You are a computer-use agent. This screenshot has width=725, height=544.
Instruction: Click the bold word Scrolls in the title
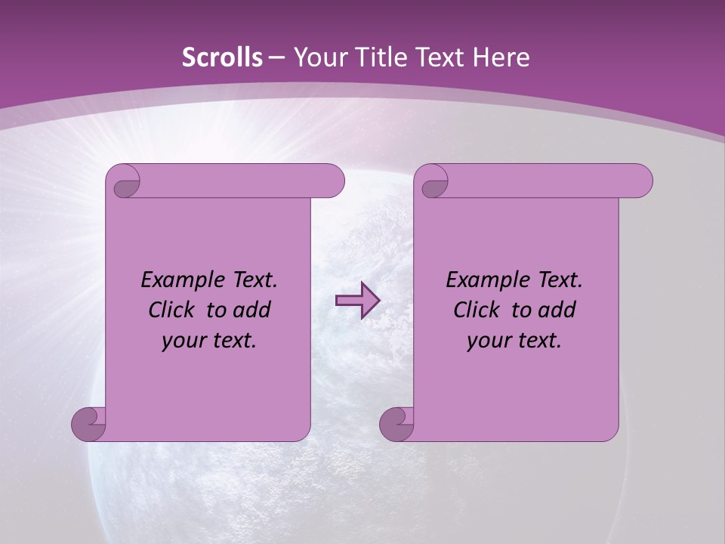pyautogui.click(x=223, y=57)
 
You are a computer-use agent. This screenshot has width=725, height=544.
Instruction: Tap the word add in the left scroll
pyautogui.click(x=251, y=310)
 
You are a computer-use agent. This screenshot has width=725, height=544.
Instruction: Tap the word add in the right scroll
pyautogui.click(x=557, y=310)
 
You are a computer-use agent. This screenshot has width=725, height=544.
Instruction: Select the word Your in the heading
pyautogui.click(x=317, y=57)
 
